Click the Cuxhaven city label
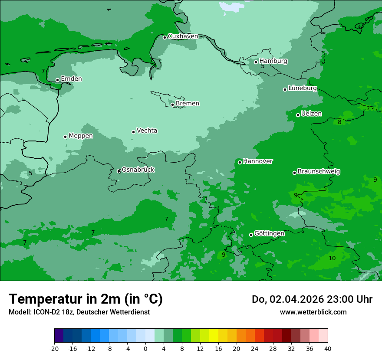pos(183,36)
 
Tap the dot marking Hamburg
pos(256,62)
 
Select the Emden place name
pos(71,79)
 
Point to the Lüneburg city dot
pos(285,89)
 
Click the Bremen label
pos(188,104)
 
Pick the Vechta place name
pos(147,131)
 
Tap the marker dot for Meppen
pos(65,137)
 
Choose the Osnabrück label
pos(138,170)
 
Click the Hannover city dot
pos(240,162)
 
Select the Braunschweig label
pos(319,172)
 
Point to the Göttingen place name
pos(269,234)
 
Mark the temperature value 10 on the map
pos(332,258)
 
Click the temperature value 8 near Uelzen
pos(339,122)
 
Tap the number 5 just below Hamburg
pos(263,66)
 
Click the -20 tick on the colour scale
pos(54,348)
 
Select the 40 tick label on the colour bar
pos(328,348)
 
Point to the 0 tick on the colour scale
pos(145,348)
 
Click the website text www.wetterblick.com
pos(313,312)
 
